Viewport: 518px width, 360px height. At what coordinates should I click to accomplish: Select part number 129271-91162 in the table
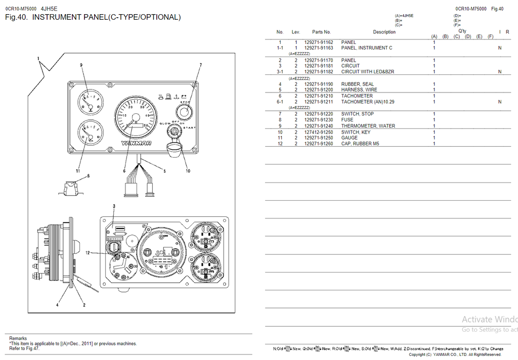click(318, 42)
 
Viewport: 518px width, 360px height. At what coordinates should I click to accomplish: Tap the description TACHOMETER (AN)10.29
click(367, 102)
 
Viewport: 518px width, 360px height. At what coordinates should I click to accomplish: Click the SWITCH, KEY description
click(356, 132)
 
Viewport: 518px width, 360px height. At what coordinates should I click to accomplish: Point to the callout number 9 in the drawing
click(81, 65)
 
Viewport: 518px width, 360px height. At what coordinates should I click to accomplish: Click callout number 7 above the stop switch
click(200, 65)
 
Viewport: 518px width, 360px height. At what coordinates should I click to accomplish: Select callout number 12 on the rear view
click(88, 253)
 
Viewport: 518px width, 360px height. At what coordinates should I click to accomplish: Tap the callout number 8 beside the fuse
click(88, 176)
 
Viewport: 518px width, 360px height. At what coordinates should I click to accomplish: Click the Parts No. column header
click(321, 32)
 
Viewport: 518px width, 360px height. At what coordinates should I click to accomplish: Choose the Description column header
click(384, 32)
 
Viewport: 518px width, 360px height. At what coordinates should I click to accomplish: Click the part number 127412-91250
click(318, 132)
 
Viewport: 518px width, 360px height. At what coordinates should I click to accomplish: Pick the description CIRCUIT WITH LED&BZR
click(367, 72)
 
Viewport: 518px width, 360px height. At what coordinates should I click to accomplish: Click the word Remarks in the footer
click(18, 338)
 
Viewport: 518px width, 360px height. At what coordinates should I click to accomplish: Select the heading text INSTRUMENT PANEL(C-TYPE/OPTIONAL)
click(106, 17)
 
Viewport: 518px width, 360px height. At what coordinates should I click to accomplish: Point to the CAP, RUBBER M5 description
click(360, 144)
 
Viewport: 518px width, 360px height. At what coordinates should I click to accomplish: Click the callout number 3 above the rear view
click(114, 206)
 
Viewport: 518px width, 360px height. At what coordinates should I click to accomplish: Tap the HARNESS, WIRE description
click(359, 90)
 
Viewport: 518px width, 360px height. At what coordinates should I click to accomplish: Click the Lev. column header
click(296, 32)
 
